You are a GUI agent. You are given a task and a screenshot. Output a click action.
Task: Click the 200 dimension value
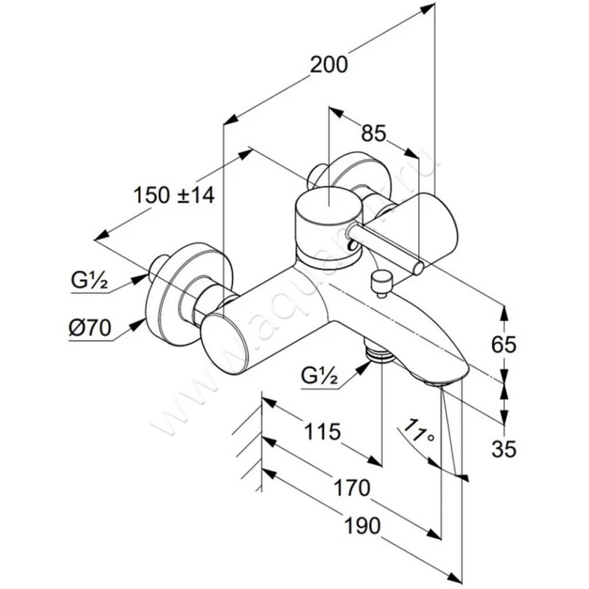coord(328,65)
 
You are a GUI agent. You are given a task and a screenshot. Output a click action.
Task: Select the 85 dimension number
coord(374,134)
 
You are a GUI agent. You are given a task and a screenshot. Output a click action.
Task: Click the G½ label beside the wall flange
coord(91,280)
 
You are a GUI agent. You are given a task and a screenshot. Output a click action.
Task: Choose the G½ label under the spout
coord(319,376)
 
